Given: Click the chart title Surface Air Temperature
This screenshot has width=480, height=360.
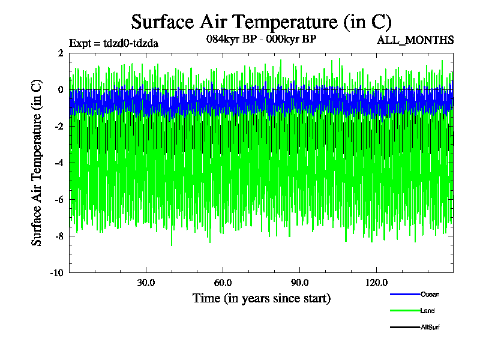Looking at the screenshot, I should coord(261,22).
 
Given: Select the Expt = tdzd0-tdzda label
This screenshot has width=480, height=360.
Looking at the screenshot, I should coord(114,43).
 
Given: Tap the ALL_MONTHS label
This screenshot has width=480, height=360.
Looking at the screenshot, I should coord(415,40).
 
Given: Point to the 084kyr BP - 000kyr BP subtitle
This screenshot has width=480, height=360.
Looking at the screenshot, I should coord(261,39).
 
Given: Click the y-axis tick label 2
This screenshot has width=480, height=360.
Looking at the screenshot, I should coord(61,53).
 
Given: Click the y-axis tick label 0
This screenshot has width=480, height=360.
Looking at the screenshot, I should coord(61,90).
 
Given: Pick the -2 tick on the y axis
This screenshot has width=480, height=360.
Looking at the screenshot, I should coord(59,127).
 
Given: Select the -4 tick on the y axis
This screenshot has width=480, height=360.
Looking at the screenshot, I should coord(59,163).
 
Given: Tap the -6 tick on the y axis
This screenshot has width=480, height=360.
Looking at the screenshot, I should coord(59,200).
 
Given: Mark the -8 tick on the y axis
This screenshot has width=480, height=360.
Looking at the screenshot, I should coord(59,236).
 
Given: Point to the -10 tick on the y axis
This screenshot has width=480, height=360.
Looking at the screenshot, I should coord(57,273).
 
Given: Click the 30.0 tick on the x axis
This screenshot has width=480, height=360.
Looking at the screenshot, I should coord(146,283).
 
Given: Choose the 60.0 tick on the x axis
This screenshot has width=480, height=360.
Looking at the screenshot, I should coord(223,283).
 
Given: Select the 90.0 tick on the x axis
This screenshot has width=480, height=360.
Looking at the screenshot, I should coord(300,283).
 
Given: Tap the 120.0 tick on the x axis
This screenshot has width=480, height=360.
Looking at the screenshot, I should coord(376,283).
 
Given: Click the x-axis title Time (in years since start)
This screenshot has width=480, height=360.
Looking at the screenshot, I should coord(261,298).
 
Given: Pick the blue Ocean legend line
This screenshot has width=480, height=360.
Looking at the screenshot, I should coord(404,294).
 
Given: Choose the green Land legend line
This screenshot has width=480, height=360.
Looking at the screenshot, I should coord(404,311).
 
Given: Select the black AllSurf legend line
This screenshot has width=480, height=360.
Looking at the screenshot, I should coord(404,328).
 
